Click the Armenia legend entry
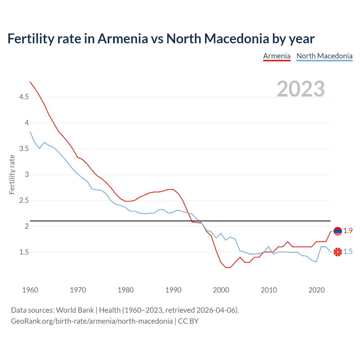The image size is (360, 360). pyautogui.click(x=277, y=56)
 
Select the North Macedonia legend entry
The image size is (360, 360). pyautogui.click(x=324, y=56)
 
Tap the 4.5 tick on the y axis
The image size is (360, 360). pyautogui.click(x=24, y=97)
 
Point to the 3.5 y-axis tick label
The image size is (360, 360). pyautogui.click(x=24, y=149)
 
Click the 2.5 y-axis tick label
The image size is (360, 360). pyautogui.click(x=24, y=201)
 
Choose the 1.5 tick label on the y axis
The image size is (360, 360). pyautogui.click(x=24, y=252)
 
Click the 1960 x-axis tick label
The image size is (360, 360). pyautogui.click(x=30, y=290)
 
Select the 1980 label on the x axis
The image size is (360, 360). pyautogui.click(x=126, y=290)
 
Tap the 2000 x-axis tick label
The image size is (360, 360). pyautogui.click(x=221, y=290)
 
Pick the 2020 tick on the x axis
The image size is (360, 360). pyautogui.click(x=317, y=290)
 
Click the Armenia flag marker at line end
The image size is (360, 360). pyautogui.click(x=337, y=231)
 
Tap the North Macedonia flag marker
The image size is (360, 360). pyautogui.click(x=337, y=252)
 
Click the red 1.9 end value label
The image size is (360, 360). pyautogui.click(x=348, y=231)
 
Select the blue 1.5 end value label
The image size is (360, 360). pyautogui.click(x=348, y=252)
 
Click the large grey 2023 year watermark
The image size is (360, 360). pyautogui.click(x=301, y=89)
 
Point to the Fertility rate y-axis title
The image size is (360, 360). pyautogui.click(x=12, y=174)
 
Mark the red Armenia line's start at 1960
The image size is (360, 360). pyautogui.click(x=30, y=82)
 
